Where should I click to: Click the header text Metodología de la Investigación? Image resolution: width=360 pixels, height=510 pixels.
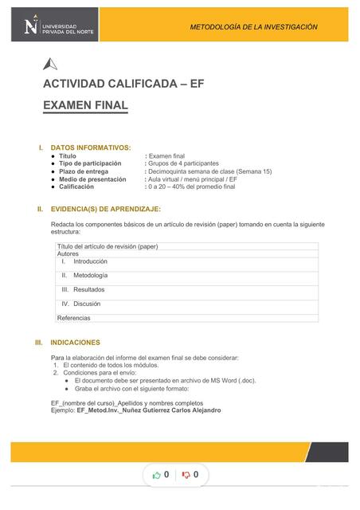tap(253, 27)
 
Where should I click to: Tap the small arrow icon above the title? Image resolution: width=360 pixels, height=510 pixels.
tap(50, 65)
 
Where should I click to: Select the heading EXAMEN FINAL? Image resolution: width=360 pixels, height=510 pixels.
tap(85, 105)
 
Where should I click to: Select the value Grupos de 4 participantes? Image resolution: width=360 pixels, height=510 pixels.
tap(184, 163)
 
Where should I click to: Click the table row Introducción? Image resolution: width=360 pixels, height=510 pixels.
tap(90, 261)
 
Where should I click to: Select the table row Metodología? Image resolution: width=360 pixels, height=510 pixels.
tap(90, 275)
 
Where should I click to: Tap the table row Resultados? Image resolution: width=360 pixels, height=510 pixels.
tap(88, 289)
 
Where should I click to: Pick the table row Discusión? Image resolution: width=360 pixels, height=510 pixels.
tap(87, 304)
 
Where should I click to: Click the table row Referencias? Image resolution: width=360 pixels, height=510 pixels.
tap(74, 318)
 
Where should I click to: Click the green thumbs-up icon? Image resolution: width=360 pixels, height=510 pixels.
tap(157, 475)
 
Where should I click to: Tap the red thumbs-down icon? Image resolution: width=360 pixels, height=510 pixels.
tap(186, 475)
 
